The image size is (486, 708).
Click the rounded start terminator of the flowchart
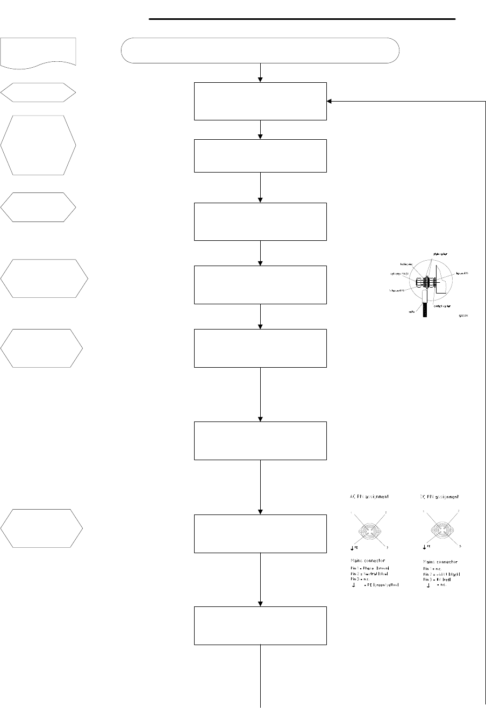tap(261, 51)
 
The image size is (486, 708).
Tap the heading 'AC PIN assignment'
tap(366, 497)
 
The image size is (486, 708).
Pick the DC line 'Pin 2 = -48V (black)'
tap(440, 574)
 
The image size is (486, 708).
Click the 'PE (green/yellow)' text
tap(379, 585)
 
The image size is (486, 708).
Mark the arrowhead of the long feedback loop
tap(329, 101)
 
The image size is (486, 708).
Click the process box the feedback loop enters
tap(261, 101)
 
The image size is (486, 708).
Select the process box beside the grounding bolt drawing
tap(261, 284)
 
